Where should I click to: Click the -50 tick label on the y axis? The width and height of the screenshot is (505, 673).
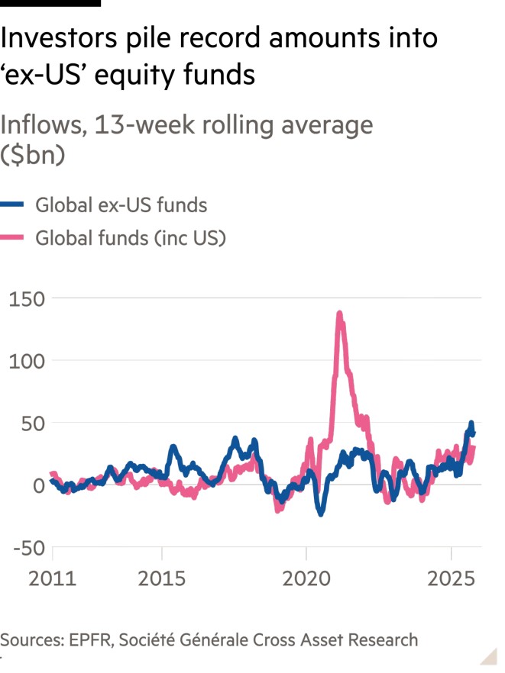(28, 548)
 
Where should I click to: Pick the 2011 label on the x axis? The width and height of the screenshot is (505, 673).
(53, 579)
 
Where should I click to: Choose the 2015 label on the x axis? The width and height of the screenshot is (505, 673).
(161, 579)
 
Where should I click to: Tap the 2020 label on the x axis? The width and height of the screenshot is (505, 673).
(306, 579)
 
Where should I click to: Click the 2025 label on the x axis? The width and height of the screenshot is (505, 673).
(451, 579)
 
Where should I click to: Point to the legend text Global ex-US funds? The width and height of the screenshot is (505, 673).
(121, 204)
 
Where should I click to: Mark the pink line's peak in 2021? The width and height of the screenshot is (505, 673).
(339, 313)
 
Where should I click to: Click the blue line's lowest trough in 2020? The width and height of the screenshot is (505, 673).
(321, 514)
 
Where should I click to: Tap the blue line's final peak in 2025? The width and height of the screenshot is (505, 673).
(471, 423)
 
